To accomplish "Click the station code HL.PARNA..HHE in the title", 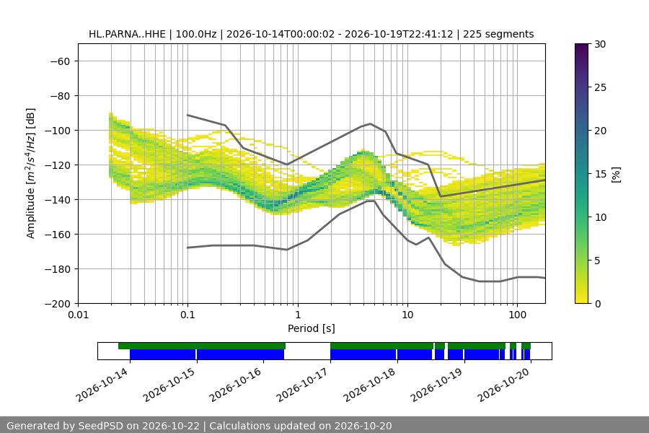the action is coord(127,34).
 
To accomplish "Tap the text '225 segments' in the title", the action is coord(498,34).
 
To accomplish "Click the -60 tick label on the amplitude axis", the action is coord(60,61).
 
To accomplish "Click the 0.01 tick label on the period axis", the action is coord(78,315).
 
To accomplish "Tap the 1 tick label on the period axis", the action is coord(298,315).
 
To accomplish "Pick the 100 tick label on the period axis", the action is coord(517,315).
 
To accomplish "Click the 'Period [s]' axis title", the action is coord(312,328).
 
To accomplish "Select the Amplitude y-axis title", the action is coord(31,173).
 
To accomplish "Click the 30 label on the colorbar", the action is coord(600,44).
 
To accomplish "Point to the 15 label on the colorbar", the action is coord(600,174).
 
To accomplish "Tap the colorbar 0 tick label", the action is coord(598,304).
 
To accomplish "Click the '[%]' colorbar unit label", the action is coord(617,175).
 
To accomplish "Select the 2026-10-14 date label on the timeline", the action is coord(102,385).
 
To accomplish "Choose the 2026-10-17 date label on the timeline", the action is coord(304,385).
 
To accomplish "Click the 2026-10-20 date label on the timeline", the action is coord(504,385).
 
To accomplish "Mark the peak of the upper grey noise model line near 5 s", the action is coord(371,123).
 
